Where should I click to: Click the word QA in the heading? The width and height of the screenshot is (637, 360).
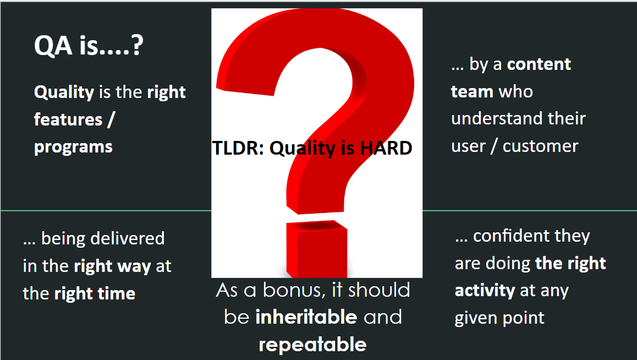click(x=53, y=45)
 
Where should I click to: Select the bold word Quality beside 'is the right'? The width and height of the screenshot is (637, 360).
click(x=64, y=92)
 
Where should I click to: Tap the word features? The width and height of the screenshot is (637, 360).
click(x=68, y=119)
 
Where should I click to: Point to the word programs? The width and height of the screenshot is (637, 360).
click(x=73, y=147)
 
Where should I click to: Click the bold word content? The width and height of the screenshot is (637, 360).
click(x=539, y=64)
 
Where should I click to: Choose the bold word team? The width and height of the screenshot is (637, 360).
click(x=472, y=91)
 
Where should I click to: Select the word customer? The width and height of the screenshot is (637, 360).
click(x=540, y=146)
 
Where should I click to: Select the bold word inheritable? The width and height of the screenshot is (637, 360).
click(x=306, y=317)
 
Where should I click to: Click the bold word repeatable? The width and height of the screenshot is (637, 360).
click(x=313, y=345)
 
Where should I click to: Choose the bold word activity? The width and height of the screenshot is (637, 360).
click(x=485, y=291)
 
